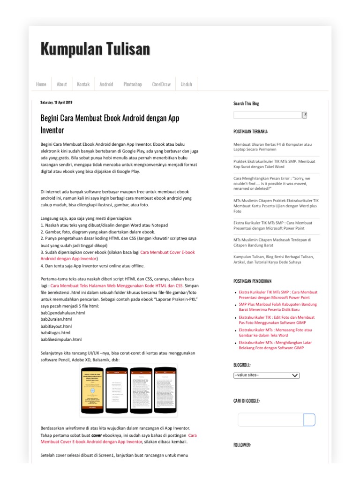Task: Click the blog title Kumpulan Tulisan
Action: (95, 49)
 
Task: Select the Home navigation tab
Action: (41, 84)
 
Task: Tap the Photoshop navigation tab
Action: (133, 84)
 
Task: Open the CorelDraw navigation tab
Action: (161, 84)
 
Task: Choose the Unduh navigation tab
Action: (187, 84)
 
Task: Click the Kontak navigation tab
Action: (83, 84)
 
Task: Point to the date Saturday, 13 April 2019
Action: (56, 102)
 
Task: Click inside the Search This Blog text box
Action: (267, 115)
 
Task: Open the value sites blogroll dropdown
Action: (266, 375)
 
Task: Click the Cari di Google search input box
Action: (270, 420)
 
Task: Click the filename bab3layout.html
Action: (56, 326)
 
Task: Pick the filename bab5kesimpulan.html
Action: (61, 339)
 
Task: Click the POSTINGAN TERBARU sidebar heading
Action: (251, 132)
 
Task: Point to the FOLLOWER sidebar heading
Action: (242, 445)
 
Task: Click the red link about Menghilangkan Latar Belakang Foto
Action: (275, 345)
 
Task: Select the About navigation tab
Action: (62, 84)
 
